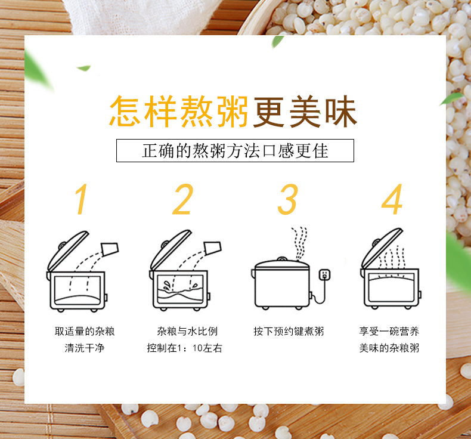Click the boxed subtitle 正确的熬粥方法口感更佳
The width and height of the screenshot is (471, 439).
(x=235, y=151)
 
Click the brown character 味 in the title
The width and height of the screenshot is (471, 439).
(x=339, y=110)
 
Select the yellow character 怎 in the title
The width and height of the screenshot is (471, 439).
(x=126, y=110)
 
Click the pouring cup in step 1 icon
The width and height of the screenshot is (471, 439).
(x=110, y=248)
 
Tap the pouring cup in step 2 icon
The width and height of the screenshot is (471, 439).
(x=213, y=248)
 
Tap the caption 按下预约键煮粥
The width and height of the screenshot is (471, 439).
(x=289, y=331)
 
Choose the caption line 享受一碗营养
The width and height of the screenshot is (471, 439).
(x=389, y=331)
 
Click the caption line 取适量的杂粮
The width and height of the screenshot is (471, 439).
(x=85, y=331)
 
